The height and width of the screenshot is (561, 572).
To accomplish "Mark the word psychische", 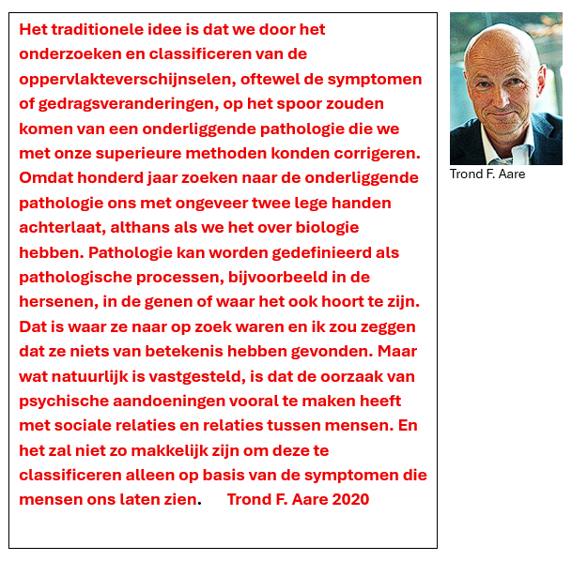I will tap(58, 402).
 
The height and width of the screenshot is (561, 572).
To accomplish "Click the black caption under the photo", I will tap(487, 174).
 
